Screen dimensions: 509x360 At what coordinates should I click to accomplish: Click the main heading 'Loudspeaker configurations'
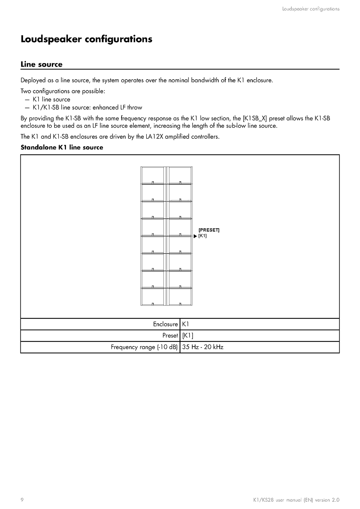pyautogui.click(x=86, y=39)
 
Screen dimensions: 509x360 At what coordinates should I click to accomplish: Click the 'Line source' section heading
pyautogui.click(x=41, y=64)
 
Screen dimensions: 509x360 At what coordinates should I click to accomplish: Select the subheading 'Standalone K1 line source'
pyautogui.click(x=62, y=147)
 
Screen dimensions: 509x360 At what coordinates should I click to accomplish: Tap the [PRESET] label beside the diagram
pyautogui.click(x=209, y=230)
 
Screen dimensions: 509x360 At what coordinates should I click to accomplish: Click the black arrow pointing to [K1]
pyautogui.click(x=196, y=236)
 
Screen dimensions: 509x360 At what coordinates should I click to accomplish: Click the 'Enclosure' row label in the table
pyautogui.click(x=165, y=324)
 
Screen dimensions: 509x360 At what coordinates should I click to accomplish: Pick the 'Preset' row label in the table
pyautogui.click(x=170, y=336)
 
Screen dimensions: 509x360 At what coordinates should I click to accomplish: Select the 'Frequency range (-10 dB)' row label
pyautogui.click(x=144, y=347)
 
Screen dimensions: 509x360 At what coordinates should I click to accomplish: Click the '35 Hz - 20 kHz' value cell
pyautogui.click(x=203, y=347)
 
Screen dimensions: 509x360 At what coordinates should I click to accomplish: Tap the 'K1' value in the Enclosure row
pyautogui.click(x=186, y=324)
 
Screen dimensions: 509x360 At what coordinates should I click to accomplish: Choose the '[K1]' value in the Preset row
pyautogui.click(x=188, y=336)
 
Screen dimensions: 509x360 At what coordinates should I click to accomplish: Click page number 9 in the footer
pyautogui.click(x=22, y=500)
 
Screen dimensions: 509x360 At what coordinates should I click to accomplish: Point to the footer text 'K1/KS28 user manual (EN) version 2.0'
pyautogui.click(x=296, y=500)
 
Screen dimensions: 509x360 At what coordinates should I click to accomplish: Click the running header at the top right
pyautogui.click(x=311, y=9)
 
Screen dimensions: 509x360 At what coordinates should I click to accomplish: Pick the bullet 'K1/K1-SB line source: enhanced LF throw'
pyautogui.click(x=87, y=107)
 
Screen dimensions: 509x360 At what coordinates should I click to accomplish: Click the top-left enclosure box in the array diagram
pyautogui.click(x=152, y=175)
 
